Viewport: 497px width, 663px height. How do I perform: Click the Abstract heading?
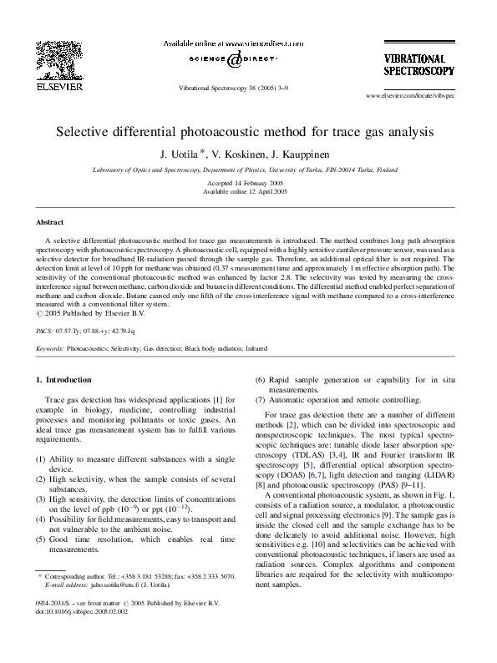51,222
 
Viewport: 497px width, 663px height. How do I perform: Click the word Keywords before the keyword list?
48,347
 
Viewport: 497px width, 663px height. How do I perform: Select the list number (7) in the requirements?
261,400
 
